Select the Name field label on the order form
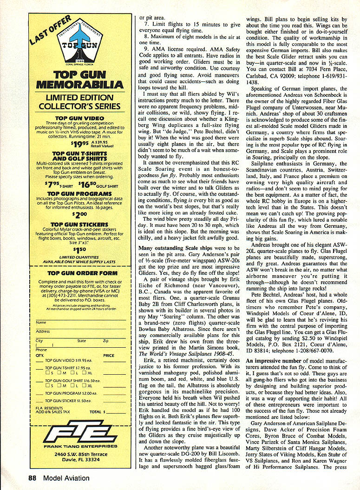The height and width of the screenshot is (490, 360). (41, 322)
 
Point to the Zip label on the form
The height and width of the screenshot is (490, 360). (105, 341)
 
